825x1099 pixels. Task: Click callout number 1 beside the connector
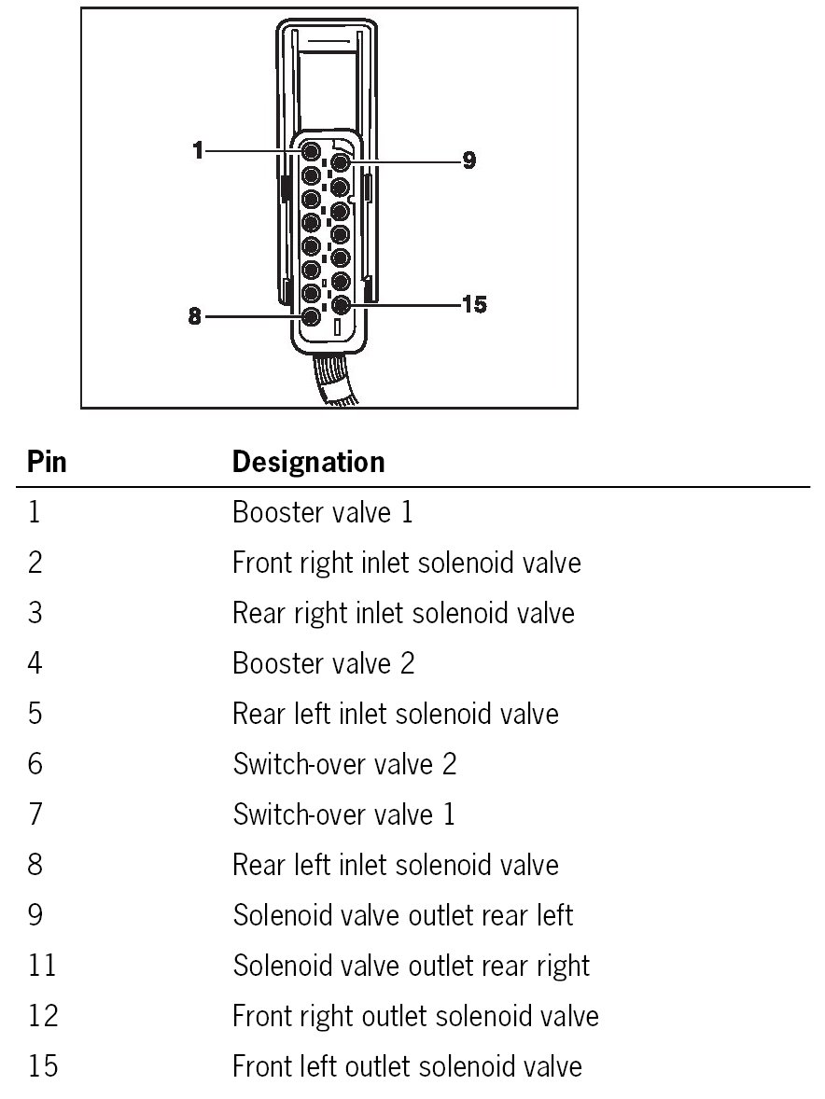(x=198, y=150)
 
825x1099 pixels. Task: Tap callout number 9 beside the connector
(x=468, y=161)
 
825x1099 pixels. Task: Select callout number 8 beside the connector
(x=195, y=316)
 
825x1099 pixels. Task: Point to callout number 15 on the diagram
(x=474, y=304)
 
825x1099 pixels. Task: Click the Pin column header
(x=47, y=462)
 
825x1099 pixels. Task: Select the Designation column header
(x=308, y=462)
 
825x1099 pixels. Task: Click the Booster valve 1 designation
(x=322, y=512)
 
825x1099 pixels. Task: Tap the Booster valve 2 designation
(x=324, y=663)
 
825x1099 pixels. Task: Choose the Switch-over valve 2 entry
(x=344, y=764)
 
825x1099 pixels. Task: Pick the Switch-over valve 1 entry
(x=343, y=814)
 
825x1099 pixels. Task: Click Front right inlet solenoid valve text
(x=406, y=563)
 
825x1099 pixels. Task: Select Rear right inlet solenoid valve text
(x=403, y=613)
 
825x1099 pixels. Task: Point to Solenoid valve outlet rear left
(x=402, y=915)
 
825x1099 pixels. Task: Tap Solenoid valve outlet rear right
(x=411, y=966)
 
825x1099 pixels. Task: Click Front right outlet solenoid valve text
(x=415, y=1016)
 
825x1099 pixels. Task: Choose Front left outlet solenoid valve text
(x=407, y=1066)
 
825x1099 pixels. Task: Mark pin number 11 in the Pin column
(x=42, y=966)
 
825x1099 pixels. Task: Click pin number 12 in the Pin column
(x=43, y=1016)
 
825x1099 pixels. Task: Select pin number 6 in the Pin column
(x=35, y=764)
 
